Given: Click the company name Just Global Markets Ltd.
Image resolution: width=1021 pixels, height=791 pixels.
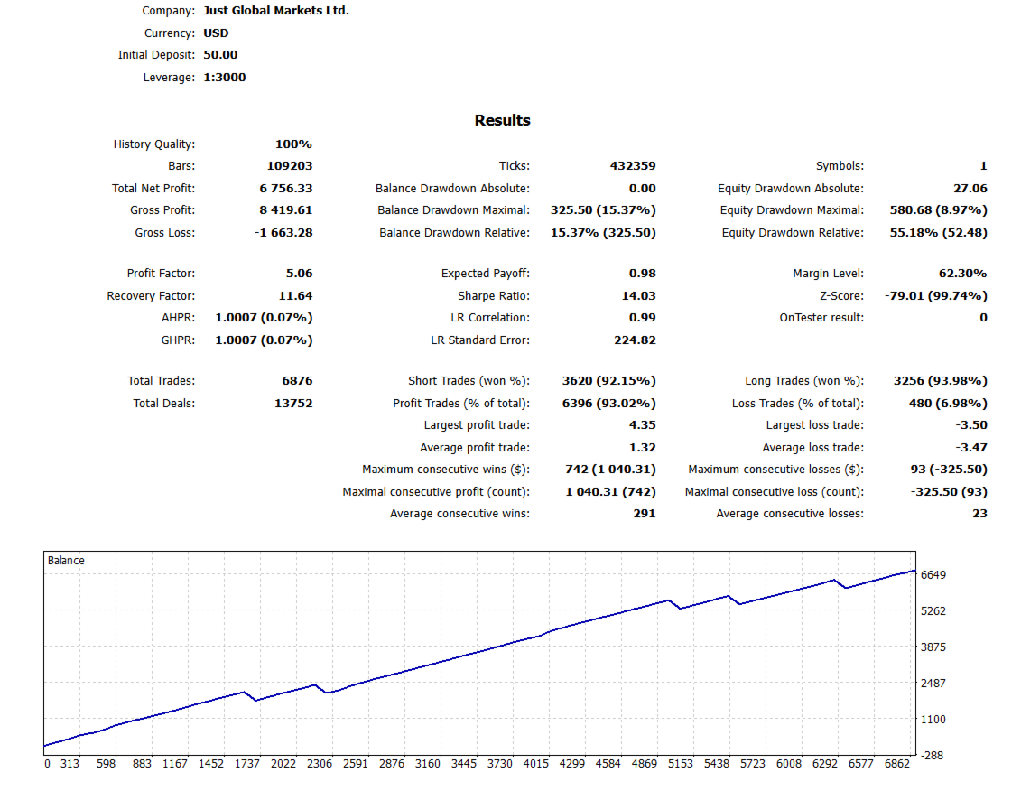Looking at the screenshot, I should coord(275,11).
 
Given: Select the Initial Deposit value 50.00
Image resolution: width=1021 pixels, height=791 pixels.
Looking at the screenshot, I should coord(220,55).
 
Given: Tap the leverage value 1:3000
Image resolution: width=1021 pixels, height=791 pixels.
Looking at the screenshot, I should coord(224,78).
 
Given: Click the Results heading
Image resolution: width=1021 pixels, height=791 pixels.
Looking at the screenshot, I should coord(503,120).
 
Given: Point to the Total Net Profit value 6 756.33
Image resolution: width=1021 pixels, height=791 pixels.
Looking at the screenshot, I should coord(285,189).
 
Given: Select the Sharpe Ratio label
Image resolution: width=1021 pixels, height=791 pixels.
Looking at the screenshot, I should coord(494,296).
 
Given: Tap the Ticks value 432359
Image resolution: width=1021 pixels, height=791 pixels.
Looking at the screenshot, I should coord(633,166).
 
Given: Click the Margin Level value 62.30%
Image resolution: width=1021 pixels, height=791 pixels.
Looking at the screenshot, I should coord(962,274).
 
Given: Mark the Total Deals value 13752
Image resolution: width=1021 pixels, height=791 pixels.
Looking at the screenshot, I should coord(293,404).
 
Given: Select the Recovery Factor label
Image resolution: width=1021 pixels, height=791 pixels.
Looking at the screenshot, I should coord(151,296).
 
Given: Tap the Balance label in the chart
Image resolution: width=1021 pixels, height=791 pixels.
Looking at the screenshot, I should coord(66,561).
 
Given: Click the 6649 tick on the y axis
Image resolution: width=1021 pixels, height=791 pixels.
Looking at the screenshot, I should coord(933,575).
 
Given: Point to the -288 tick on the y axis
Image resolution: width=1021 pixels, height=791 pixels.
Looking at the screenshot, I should coord(933,755).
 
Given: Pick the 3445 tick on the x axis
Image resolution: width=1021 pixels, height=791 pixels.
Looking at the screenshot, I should coord(463,764).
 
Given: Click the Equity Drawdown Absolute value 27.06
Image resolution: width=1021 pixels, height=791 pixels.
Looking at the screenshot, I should coord(970,189).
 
